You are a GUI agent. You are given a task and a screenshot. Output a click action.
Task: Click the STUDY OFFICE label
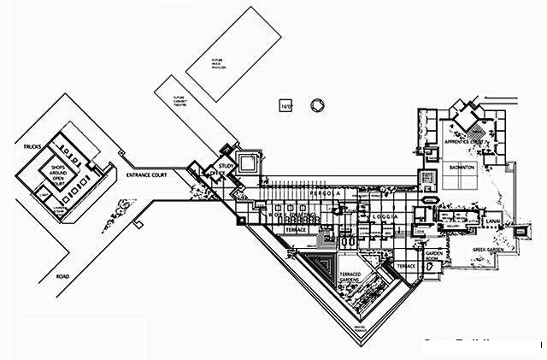point(226,169)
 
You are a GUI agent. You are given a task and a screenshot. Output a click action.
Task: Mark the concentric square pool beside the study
point(250,162)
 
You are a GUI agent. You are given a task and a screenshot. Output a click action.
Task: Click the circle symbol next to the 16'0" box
point(318,104)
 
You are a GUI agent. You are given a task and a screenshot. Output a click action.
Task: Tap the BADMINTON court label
point(466,169)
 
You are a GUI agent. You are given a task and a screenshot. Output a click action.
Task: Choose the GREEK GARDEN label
point(490,250)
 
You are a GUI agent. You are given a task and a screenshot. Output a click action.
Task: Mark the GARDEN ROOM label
point(432,257)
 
